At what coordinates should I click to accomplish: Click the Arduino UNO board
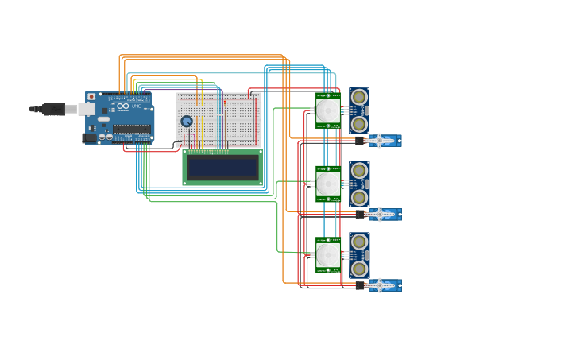click(123, 118)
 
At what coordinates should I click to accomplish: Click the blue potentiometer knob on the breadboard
click(187, 122)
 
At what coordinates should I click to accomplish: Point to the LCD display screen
click(222, 168)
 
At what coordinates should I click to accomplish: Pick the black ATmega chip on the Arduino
click(131, 129)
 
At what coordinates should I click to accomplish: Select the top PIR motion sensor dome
click(328, 110)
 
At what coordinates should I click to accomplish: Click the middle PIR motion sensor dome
click(328, 184)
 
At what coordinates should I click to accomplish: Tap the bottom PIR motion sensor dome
click(328, 254)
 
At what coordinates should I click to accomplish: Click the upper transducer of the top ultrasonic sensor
click(359, 97)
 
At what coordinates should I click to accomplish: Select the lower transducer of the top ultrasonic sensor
click(359, 124)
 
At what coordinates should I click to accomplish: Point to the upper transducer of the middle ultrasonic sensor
click(359, 170)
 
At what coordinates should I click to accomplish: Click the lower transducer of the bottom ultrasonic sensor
click(359, 269)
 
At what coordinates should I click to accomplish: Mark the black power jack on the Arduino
click(89, 137)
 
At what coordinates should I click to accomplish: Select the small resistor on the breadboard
click(225, 103)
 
